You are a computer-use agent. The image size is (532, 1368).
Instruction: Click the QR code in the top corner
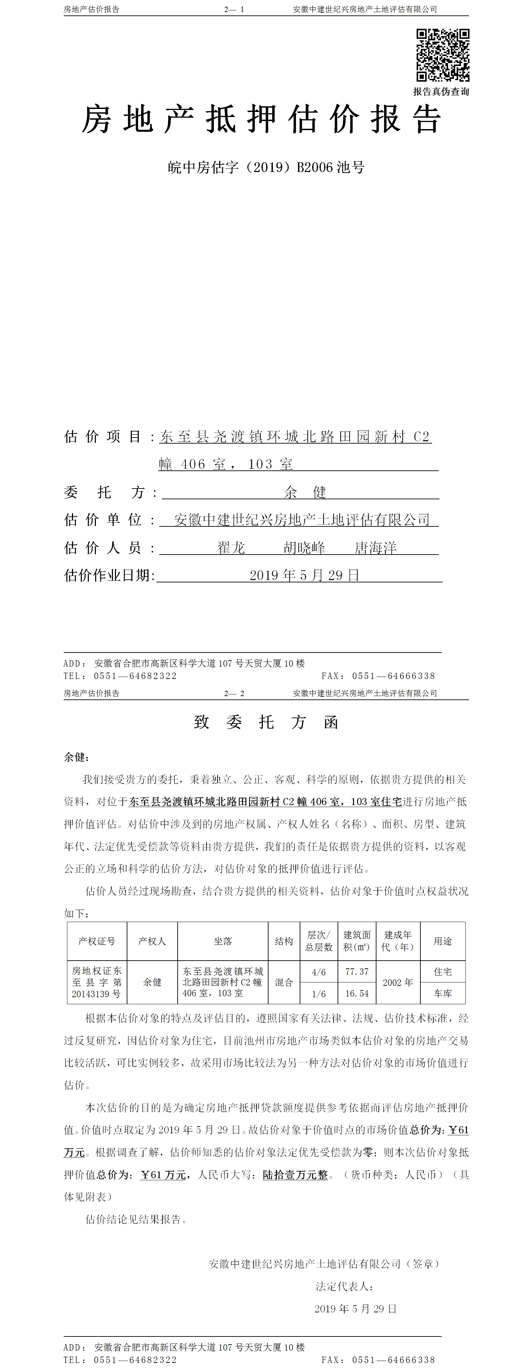pos(442,55)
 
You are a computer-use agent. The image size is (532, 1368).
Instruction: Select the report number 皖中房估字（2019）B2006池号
pos(266,168)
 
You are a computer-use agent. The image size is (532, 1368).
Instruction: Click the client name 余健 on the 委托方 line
pos(305,492)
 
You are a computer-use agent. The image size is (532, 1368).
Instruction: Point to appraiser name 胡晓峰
pos(304,548)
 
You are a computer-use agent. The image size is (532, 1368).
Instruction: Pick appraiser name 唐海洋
pos(375,548)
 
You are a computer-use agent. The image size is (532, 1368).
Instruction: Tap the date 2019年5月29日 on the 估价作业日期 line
pos(304,575)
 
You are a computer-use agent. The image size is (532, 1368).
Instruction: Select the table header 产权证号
pos(97,941)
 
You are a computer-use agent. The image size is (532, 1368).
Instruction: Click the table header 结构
pos(284,941)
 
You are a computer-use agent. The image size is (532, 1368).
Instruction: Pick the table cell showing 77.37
pos(357,971)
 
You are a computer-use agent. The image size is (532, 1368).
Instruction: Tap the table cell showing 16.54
pos(357,993)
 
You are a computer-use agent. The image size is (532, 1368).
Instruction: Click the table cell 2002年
pos(398,982)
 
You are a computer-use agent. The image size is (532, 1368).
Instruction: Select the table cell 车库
pos(443,993)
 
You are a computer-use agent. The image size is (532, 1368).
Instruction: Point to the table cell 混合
pos(284,982)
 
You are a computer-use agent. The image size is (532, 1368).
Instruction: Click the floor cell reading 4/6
pos(318,972)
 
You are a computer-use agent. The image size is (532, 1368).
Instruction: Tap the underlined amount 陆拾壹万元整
pos(295,1175)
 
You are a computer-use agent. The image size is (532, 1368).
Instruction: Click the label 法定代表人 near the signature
pos(345,1286)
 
